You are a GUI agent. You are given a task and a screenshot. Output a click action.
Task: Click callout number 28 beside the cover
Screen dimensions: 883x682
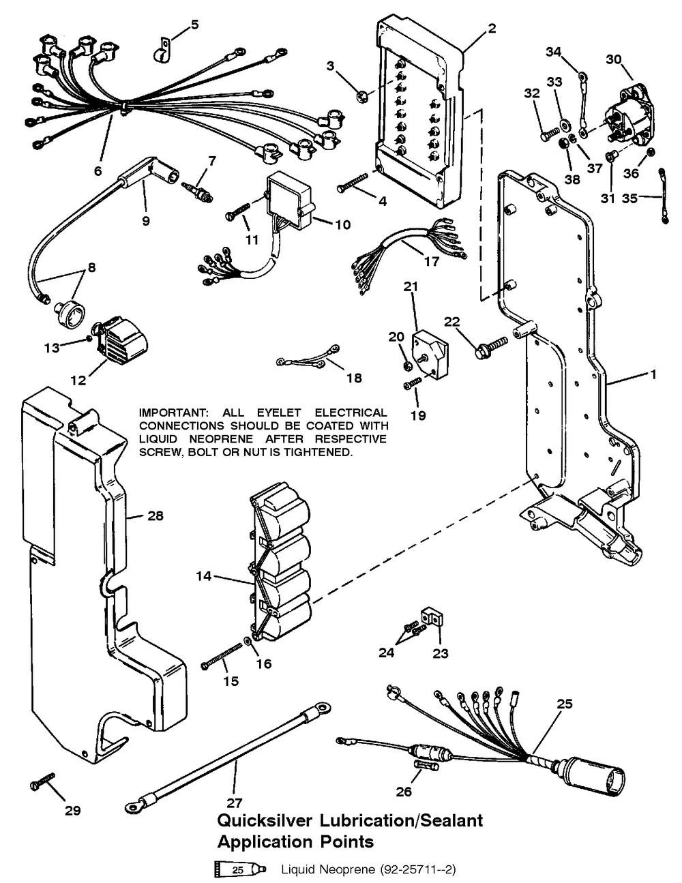(155, 516)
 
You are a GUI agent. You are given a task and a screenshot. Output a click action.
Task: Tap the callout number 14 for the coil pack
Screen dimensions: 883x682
(203, 576)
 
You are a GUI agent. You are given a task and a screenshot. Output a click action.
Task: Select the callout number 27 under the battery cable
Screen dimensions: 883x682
(235, 803)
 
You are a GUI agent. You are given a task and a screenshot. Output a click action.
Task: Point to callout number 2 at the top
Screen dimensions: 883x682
(492, 28)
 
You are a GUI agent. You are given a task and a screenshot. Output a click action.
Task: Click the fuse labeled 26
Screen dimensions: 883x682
(424, 768)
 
